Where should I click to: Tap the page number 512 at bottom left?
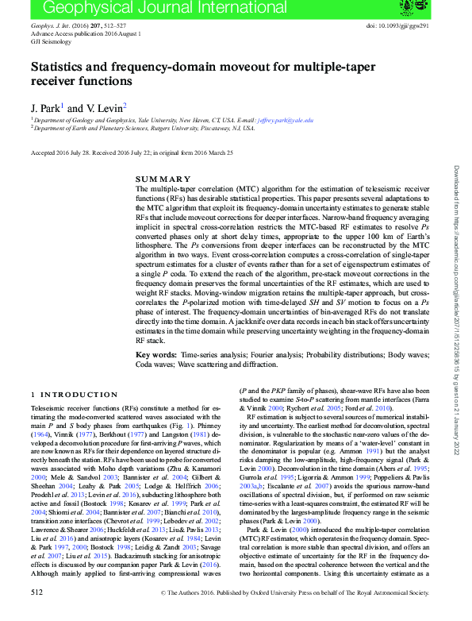pos(36,614)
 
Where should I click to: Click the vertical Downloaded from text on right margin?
pos(458,310)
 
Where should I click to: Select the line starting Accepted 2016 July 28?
pos(131,152)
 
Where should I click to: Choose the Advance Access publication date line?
pos(75,35)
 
